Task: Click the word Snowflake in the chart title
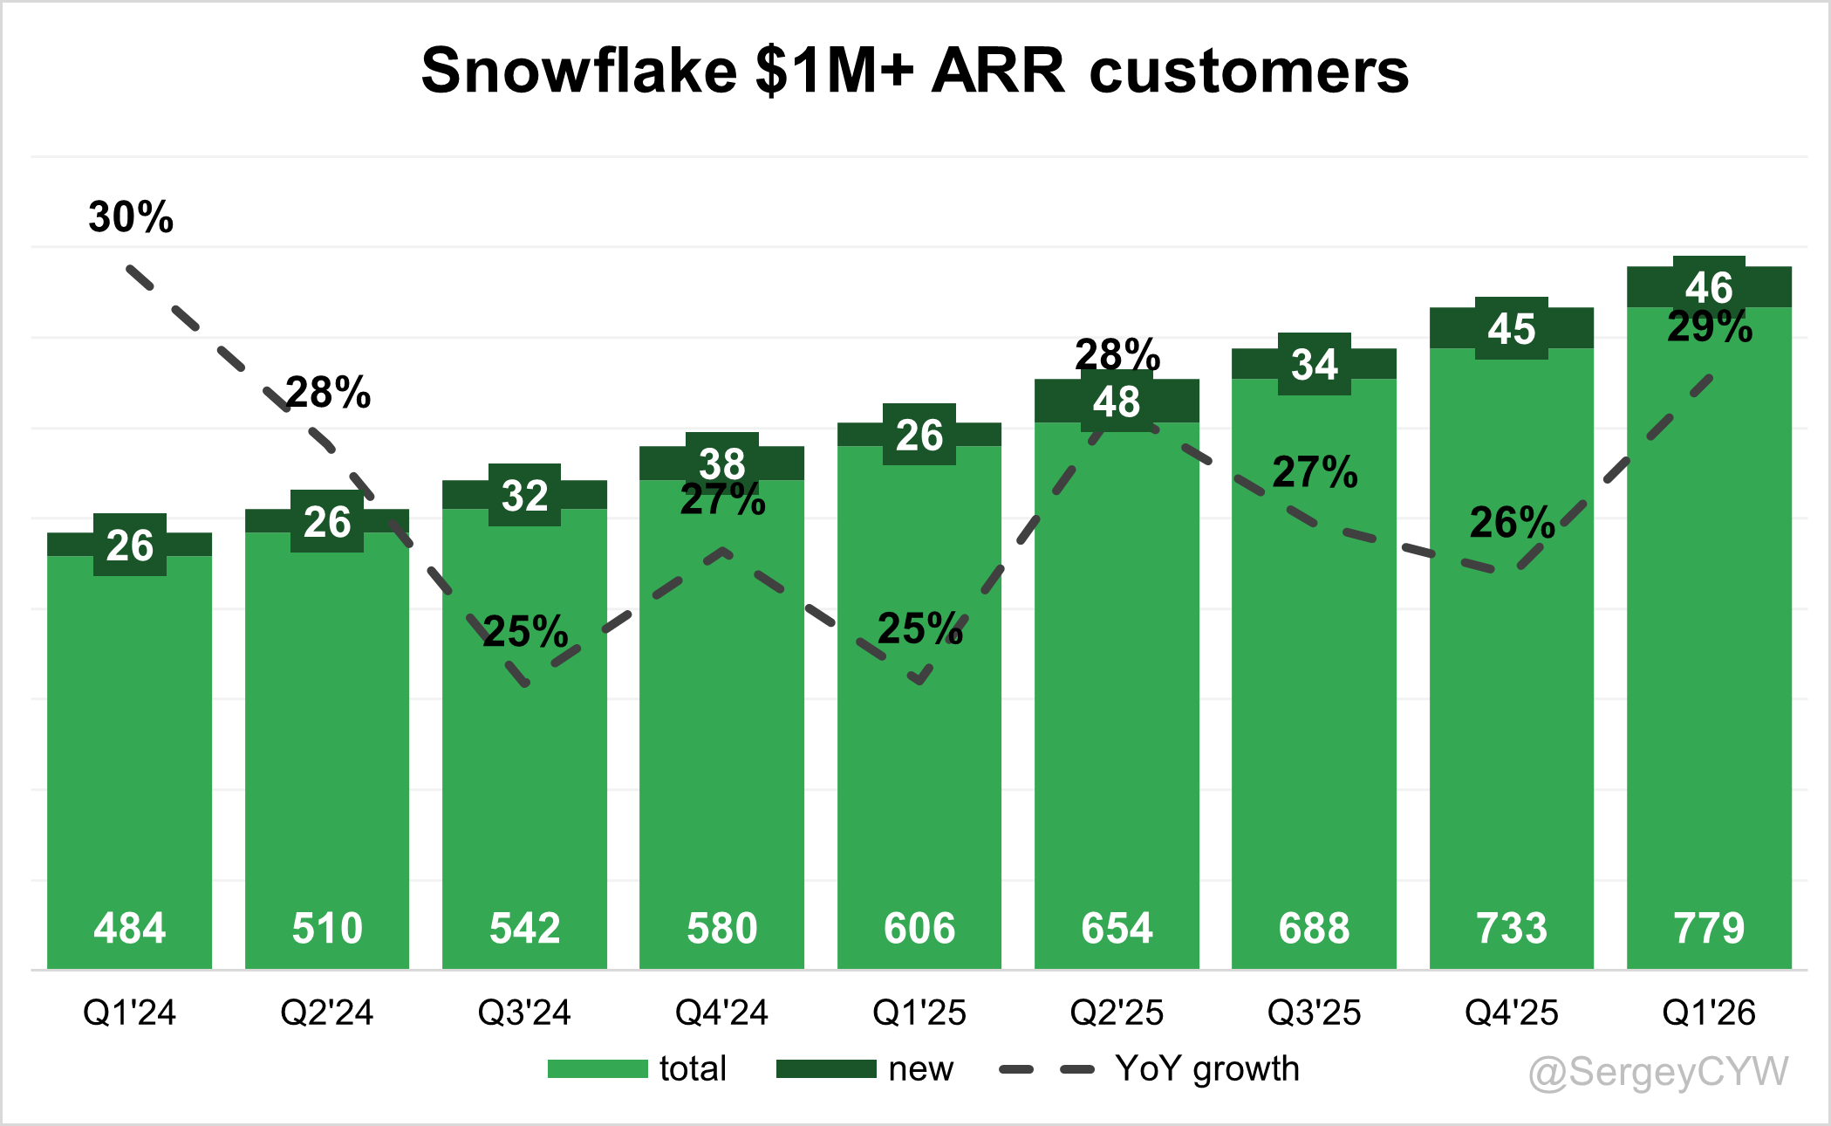[580, 70]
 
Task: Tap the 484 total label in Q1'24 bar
[129, 928]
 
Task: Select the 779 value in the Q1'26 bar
[1709, 928]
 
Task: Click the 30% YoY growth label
[131, 216]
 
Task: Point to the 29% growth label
[1710, 327]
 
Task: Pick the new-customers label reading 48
[1117, 402]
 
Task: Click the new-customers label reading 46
[1709, 287]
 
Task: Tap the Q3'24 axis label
[524, 1013]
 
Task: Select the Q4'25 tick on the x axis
[1512, 1013]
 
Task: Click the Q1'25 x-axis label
[919, 1013]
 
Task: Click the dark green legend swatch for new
[826, 1069]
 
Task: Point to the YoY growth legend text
[1207, 1069]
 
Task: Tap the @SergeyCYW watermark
[1659, 1072]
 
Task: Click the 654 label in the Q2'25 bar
[1117, 928]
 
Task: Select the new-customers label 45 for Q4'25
[1512, 329]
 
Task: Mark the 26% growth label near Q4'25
[1513, 523]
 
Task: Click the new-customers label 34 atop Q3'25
[1315, 364]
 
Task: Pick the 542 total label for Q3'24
[524, 928]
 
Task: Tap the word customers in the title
[1249, 70]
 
